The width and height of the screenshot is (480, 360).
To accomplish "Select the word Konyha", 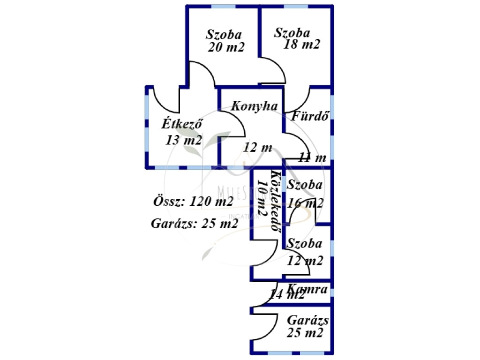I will [254, 106].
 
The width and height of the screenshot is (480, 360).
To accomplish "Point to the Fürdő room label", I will [309, 116].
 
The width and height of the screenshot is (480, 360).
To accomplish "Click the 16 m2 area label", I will [305, 203].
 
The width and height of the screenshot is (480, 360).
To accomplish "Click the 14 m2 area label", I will [287, 295].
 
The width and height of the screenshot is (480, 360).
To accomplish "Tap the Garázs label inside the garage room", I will [307, 321].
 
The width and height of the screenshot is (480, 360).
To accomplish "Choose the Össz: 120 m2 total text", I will [193, 202].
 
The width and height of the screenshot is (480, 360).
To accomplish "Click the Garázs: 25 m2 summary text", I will [194, 223].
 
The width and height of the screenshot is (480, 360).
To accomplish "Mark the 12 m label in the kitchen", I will [257, 147].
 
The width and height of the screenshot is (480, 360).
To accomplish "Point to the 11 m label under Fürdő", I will [312, 157].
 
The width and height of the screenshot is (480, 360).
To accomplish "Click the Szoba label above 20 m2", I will [224, 34].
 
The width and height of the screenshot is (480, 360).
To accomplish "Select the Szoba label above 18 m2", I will [292, 33].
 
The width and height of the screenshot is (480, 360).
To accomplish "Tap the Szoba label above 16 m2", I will [305, 185].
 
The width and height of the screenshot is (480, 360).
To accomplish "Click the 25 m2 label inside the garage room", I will [305, 333].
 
